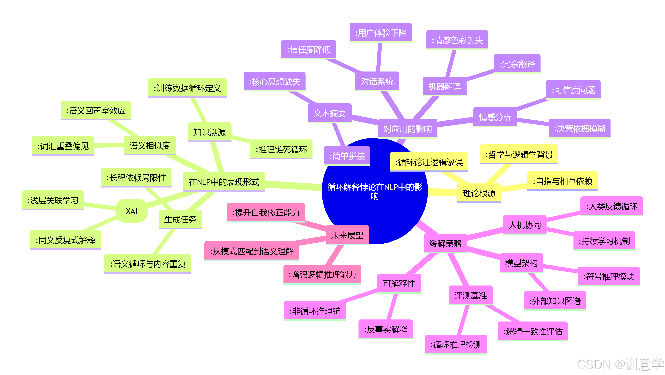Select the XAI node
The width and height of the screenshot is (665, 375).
click(131, 211)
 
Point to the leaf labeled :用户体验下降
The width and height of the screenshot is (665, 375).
click(381, 33)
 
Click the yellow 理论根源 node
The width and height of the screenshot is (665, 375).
click(479, 193)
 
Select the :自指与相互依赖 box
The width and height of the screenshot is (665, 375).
click(562, 181)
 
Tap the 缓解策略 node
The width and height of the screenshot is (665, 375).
click(445, 243)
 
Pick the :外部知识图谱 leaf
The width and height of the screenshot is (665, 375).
click(555, 301)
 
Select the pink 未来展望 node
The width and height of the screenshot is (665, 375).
click(347, 235)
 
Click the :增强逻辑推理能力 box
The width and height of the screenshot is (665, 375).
click(322, 275)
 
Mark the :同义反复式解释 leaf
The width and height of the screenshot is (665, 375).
click(65, 240)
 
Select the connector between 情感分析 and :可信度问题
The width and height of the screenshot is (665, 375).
click(532, 103)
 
